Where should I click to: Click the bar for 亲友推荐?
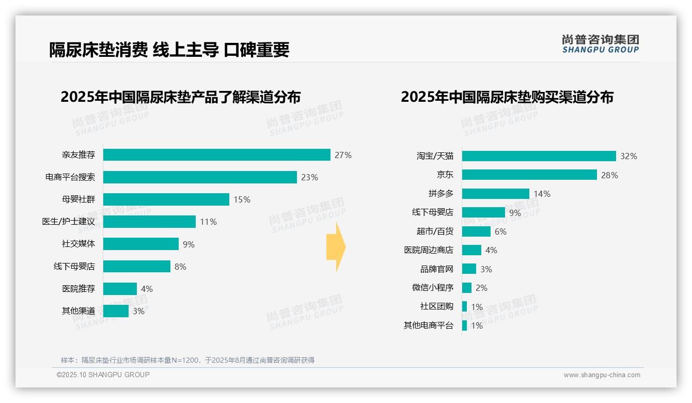coord(216,155)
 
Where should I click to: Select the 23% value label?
coord(309,177)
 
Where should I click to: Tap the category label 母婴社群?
coord(78,199)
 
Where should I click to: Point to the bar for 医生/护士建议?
coord(149,222)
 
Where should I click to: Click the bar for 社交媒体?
coord(140,244)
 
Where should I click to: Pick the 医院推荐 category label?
coord(78,289)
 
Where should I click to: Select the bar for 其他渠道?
coord(116,311)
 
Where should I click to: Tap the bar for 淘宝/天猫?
coord(539,156)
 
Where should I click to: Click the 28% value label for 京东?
coord(609,175)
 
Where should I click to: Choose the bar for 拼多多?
coord(495,194)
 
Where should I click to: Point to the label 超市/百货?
coord(435,231)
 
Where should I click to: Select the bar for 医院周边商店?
coord(471,250)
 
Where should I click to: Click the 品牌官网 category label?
coord(436,269)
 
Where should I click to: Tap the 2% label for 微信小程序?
coord(481,288)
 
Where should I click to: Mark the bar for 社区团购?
coord(464,306)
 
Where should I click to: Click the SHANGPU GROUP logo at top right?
coord(600,44)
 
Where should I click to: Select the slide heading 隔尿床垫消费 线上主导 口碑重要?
coord(169,50)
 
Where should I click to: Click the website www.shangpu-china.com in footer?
coord(602,375)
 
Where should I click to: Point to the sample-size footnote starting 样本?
coord(187,360)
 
